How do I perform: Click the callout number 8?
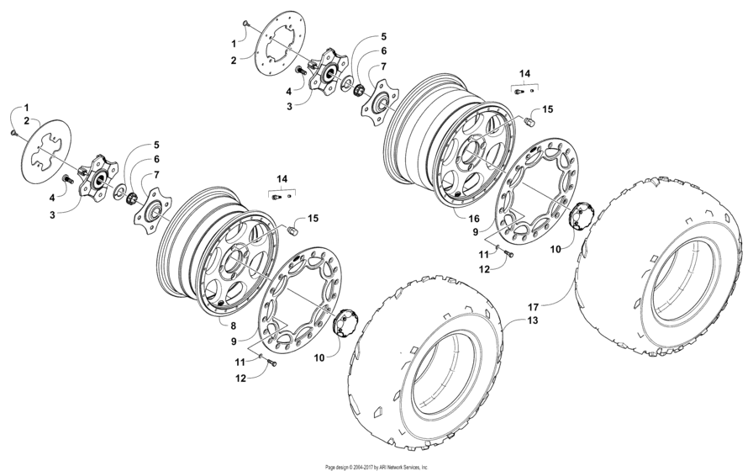(x=233, y=322)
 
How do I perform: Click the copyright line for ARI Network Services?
(x=376, y=466)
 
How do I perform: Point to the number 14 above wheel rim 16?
(x=524, y=74)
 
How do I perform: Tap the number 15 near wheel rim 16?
(x=546, y=109)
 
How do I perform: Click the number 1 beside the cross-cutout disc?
(x=26, y=108)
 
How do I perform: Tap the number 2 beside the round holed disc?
(x=233, y=60)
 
